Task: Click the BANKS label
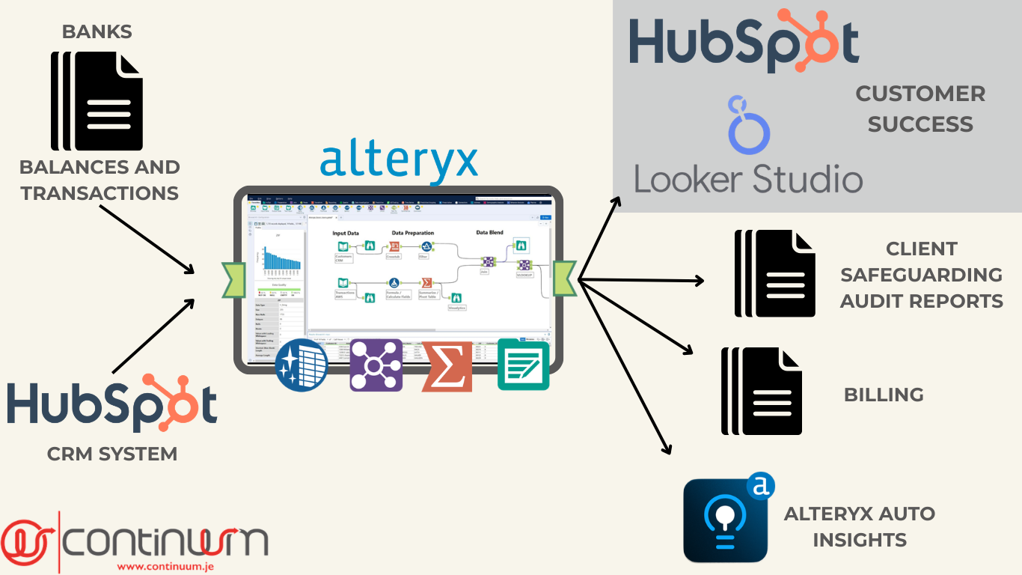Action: click(x=97, y=31)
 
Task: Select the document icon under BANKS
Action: click(x=96, y=101)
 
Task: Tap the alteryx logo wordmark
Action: click(x=399, y=158)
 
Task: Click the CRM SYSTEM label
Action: click(x=112, y=454)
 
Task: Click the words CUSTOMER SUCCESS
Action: click(x=920, y=109)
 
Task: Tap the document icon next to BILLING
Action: click(x=762, y=390)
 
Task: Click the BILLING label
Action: click(x=884, y=395)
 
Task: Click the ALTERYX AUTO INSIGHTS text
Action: click(x=860, y=526)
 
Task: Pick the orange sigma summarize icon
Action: click(x=447, y=366)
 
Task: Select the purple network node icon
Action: click(x=376, y=365)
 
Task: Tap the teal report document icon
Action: click(x=523, y=365)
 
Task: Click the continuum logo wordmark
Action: click(x=165, y=541)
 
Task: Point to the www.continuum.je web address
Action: click(x=165, y=567)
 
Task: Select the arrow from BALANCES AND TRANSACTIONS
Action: click(x=145, y=238)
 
